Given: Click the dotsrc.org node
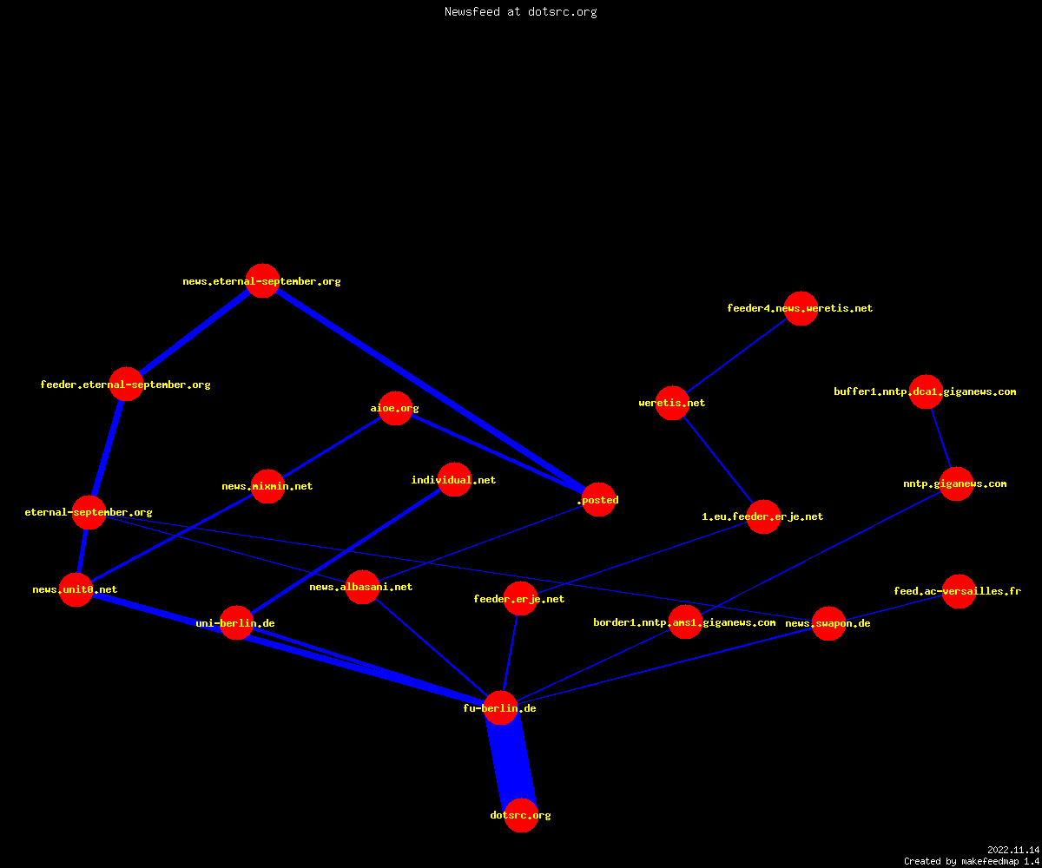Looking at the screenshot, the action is [x=521, y=815].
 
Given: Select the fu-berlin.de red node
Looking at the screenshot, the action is [x=500, y=708].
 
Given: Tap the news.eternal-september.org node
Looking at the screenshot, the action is [x=262, y=281].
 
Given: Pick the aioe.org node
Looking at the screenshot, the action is [x=395, y=408].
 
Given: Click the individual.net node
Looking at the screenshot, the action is [x=454, y=479].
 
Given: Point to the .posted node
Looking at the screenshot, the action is [x=599, y=499].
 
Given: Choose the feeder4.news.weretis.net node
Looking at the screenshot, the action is [x=801, y=308].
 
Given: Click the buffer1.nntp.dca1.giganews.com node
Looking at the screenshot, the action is [x=926, y=391].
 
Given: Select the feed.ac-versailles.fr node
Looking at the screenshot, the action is [x=959, y=591].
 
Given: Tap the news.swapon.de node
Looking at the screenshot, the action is [x=829, y=623].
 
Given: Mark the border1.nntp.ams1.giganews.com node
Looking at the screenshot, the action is [x=685, y=622].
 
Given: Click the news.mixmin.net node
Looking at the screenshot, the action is [x=268, y=486].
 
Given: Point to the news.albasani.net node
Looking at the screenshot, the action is [x=362, y=587].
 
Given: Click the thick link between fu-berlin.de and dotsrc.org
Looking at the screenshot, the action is [x=511, y=762].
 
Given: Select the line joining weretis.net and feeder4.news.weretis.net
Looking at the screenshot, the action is [x=736, y=356].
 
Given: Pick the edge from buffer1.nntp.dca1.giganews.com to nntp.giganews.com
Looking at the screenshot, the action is [x=941, y=437].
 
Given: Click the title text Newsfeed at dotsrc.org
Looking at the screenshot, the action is [x=520, y=11].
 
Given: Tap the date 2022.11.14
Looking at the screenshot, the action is [x=1013, y=850].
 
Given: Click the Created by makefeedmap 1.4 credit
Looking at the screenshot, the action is [x=972, y=861].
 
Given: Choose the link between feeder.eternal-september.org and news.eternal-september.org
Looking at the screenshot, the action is [x=195, y=332].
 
